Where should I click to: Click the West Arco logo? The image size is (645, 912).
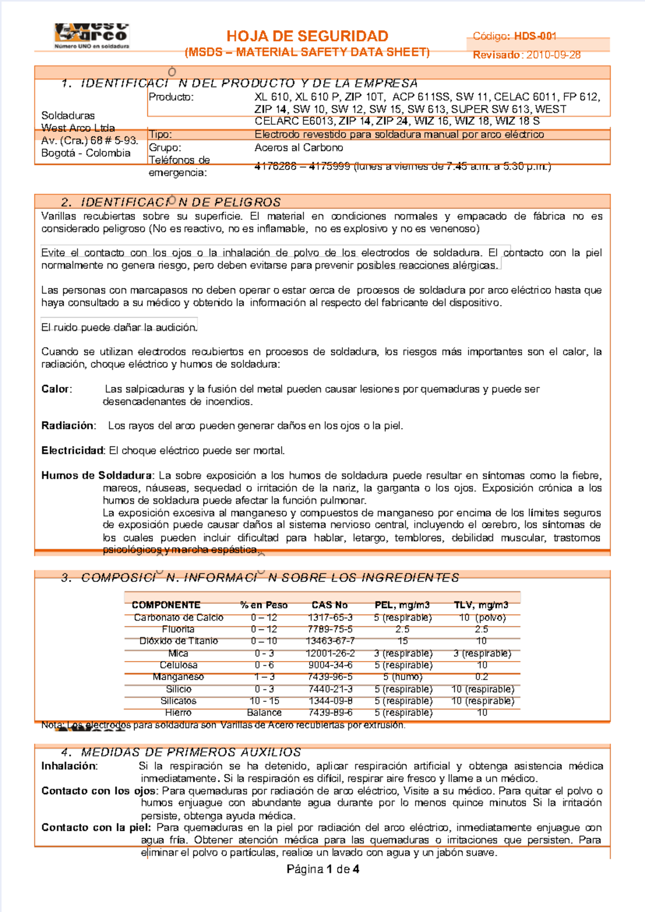pyautogui.click(x=92, y=35)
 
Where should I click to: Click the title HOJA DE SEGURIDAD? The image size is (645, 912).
pyautogui.click(x=307, y=36)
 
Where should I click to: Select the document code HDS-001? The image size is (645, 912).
pyautogui.click(x=535, y=36)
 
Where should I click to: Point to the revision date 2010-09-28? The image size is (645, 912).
pyautogui.click(x=553, y=55)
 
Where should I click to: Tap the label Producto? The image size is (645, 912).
pyautogui.click(x=171, y=97)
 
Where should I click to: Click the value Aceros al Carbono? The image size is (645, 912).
pyautogui.click(x=298, y=147)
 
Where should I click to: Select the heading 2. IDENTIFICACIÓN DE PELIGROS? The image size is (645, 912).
pyautogui.click(x=171, y=202)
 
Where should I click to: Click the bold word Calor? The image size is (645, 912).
pyautogui.click(x=56, y=389)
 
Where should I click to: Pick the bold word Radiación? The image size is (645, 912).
pyautogui.click(x=68, y=426)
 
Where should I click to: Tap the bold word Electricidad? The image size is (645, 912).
pyautogui.click(x=73, y=450)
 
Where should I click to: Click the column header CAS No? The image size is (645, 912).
pyautogui.click(x=329, y=605)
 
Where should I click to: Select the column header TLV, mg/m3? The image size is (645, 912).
pyautogui.click(x=481, y=605)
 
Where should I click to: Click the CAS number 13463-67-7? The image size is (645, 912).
pyautogui.click(x=330, y=641)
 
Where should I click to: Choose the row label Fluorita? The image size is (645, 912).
pyautogui.click(x=178, y=629)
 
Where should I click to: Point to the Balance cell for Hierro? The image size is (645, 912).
pyautogui.click(x=264, y=713)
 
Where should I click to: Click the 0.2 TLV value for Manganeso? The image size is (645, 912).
pyautogui.click(x=481, y=677)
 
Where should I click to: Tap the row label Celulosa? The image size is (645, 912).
pyautogui.click(x=178, y=665)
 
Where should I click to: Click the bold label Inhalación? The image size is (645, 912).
pyautogui.click(x=69, y=766)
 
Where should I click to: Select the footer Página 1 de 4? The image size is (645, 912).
pyautogui.click(x=322, y=869)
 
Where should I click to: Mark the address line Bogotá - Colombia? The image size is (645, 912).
pyautogui.click(x=86, y=153)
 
